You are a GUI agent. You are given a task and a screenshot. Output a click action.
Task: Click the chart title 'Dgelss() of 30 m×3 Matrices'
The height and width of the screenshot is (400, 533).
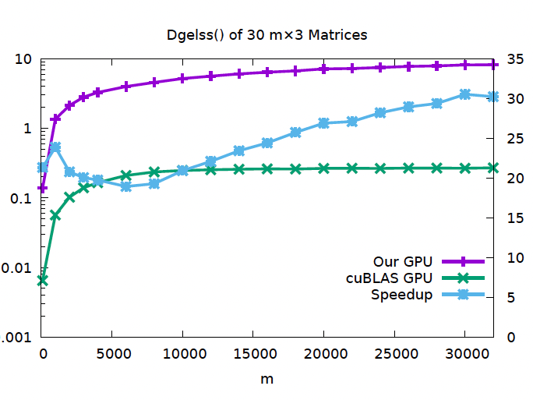[267, 35]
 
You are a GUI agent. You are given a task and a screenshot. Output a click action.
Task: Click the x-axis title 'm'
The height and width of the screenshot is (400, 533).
[267, 379]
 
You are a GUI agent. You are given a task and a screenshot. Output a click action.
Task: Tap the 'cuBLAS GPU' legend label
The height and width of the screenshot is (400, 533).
[389, 278]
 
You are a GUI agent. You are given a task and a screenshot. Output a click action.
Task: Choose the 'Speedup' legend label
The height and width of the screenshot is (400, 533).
[401, 294]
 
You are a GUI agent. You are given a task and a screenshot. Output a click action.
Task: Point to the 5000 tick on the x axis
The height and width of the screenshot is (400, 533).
[112, 352]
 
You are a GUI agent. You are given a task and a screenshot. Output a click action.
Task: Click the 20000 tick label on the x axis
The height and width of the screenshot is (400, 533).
[323, 352]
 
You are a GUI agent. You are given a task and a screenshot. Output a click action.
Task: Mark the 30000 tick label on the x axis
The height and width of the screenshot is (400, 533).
[464, 352]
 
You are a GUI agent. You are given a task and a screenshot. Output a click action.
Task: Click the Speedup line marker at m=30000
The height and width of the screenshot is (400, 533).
[465, 94]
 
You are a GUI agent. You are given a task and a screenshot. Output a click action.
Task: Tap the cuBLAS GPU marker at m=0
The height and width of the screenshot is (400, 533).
[42, 280]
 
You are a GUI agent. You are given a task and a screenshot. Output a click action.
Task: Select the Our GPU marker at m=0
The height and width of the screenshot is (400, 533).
[42, 189]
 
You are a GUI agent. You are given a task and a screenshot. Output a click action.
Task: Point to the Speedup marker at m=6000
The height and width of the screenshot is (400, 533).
[126, 186]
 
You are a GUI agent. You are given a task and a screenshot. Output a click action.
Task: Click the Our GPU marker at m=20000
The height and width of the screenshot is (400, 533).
[324, 69]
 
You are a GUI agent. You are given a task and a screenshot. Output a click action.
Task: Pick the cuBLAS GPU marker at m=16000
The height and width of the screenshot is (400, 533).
[267, 168]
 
